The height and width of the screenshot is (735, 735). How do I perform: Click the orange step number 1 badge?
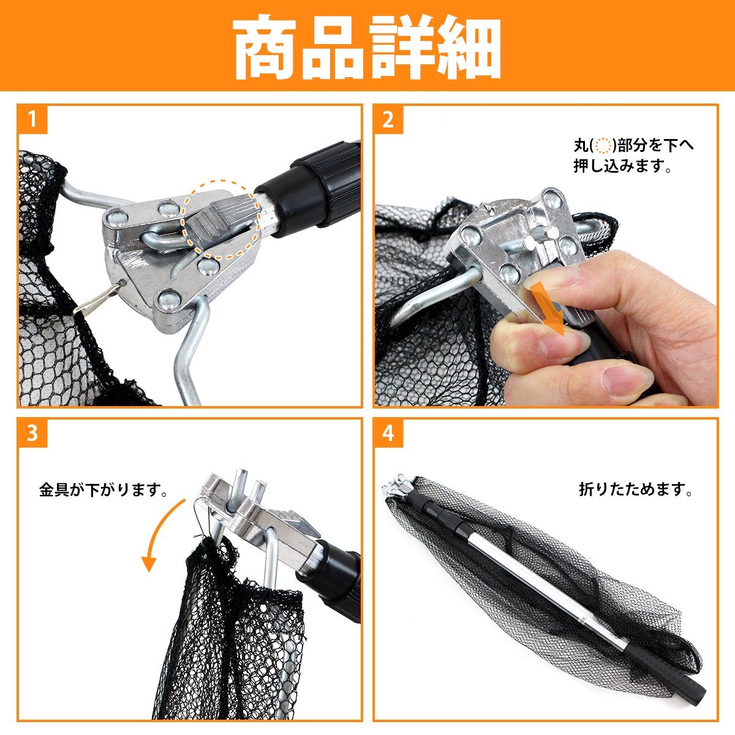[x=32, y=119]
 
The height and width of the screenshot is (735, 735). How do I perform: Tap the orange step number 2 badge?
[x=388, y=119]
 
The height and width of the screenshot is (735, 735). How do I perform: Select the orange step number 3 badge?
[x=32, y=433]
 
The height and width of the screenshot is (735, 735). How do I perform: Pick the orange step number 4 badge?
[x=388, y=433]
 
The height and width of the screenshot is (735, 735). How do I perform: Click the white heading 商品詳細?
[x=367, y=47]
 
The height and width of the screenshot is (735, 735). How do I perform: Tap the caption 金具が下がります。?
[x=103, y=490]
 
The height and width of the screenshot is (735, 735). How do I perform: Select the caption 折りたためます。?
[x=635, y=489]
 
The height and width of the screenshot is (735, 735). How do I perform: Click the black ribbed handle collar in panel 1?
[x=325, y=184]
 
